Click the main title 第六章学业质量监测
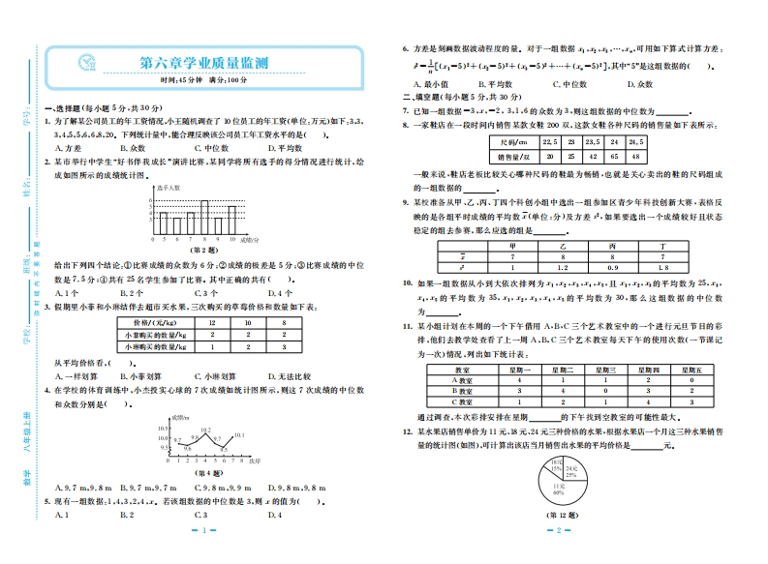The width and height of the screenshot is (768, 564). (x=203, y=63)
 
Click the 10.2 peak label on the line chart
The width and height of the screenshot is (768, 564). (x=205, y=429)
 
